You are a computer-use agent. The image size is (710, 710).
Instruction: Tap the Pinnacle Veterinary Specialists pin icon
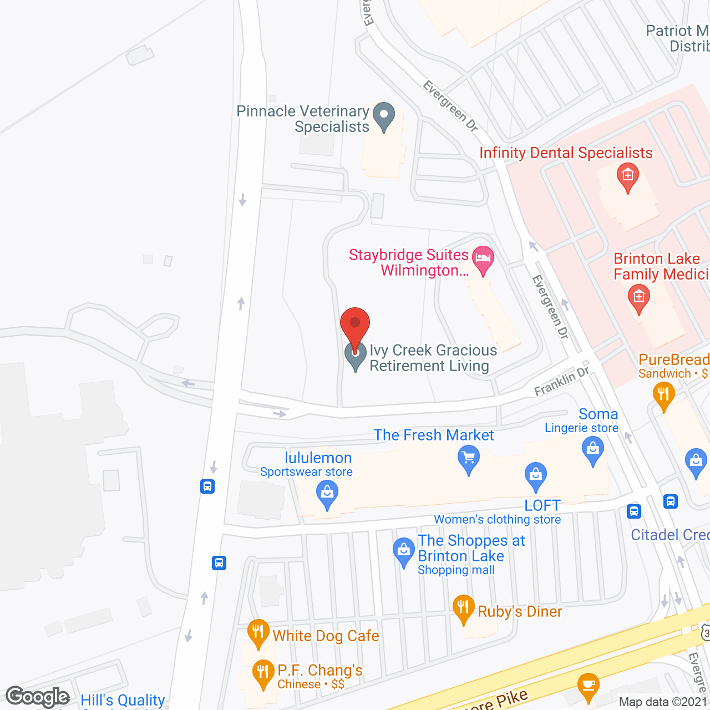[383, 116]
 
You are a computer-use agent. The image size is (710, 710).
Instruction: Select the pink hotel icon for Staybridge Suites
[483, 260]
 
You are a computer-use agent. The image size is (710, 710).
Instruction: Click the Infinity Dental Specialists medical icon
[627, 177]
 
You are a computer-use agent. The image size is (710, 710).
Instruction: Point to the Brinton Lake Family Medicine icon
[638, 298]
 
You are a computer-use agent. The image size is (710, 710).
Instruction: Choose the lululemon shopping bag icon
[327, 494]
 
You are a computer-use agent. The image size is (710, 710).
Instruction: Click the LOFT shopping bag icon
[535, 476]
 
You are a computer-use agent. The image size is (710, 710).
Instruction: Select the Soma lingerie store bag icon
[593, 449]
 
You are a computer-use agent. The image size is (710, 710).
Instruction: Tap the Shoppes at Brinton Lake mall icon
[403, 552]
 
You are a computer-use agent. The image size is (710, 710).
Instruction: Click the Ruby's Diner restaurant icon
[463, 608]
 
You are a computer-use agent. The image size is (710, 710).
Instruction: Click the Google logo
[38, 697]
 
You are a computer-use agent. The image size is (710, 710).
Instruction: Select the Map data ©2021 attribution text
[663, 702]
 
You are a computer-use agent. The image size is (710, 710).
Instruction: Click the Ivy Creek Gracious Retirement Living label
[433, 358]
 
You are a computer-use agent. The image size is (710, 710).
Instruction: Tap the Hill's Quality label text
[123, 700]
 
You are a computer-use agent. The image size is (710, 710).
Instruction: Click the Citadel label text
[670, 535]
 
